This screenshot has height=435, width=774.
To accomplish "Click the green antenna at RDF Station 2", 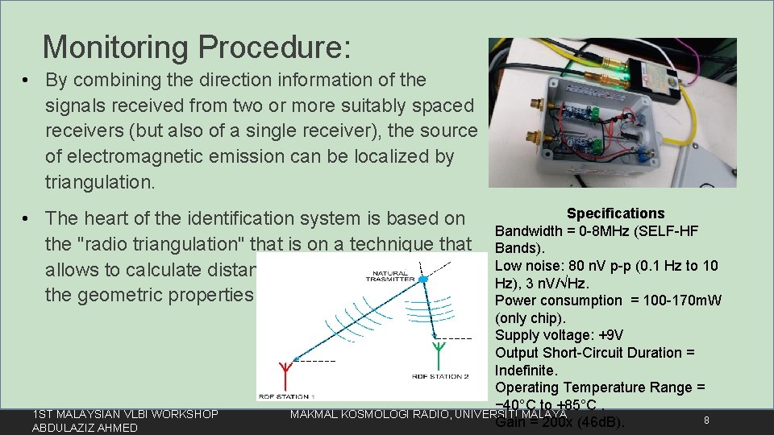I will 439,351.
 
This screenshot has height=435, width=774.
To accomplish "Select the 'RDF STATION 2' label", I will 440,376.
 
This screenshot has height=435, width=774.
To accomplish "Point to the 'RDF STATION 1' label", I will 287,396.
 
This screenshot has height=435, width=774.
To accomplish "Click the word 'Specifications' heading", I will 615,213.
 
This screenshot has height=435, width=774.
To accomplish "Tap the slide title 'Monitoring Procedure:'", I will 197,47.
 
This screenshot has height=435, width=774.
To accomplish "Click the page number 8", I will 705,420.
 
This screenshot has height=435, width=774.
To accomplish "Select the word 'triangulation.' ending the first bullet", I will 100,182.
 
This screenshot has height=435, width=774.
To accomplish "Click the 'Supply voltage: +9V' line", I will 559,335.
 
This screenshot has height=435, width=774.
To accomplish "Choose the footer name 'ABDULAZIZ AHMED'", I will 85,428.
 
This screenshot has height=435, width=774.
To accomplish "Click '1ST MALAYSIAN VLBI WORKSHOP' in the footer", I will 125,414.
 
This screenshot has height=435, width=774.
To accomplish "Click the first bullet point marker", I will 27,81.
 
